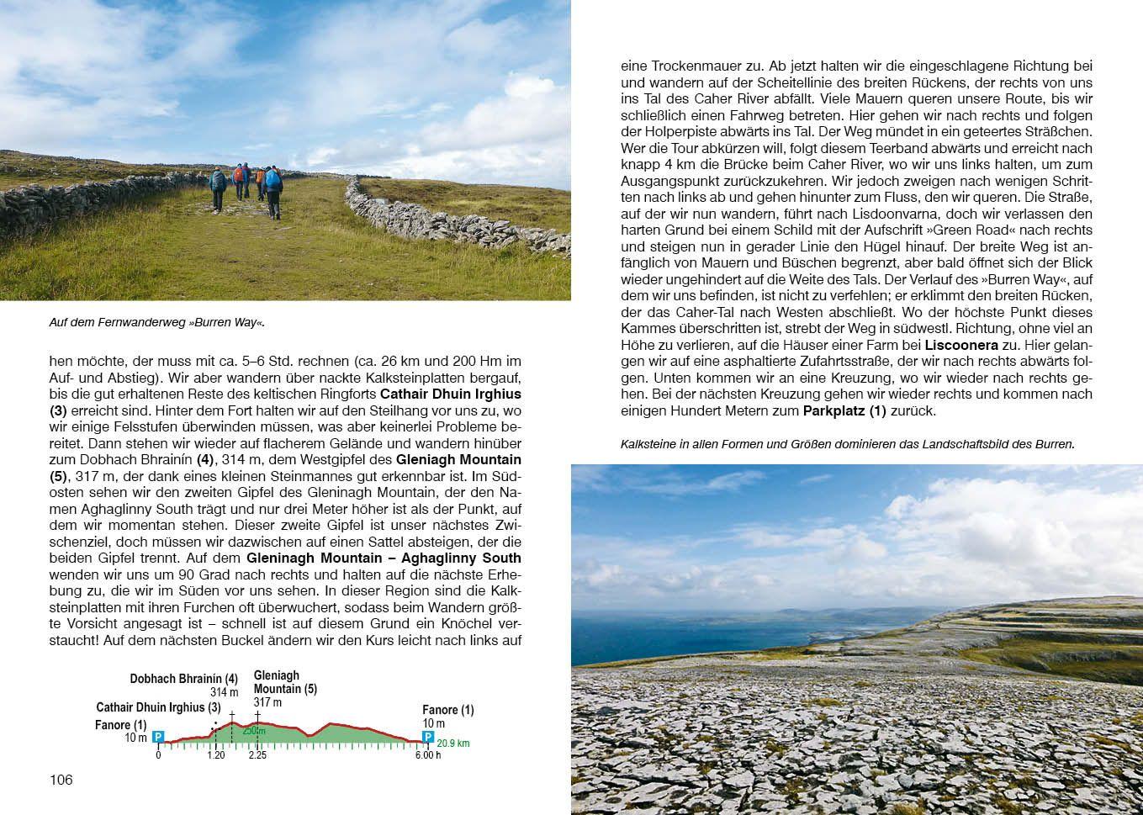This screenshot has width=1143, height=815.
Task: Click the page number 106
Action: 61,780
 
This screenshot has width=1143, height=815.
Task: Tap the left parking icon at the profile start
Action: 158,738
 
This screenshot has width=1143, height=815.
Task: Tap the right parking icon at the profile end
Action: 428,738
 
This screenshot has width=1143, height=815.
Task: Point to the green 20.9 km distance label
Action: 452,744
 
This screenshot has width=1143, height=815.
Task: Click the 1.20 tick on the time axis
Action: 215,755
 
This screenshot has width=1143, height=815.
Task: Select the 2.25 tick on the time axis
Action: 257,755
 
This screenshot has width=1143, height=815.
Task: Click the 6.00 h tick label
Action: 427,755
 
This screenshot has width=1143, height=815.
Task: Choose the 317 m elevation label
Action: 267,702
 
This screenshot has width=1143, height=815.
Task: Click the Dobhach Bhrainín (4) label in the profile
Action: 183,679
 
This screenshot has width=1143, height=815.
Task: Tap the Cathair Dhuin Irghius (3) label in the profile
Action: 158,707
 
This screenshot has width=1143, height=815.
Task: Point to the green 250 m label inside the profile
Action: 253,731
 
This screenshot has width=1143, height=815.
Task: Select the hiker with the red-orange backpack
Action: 239,174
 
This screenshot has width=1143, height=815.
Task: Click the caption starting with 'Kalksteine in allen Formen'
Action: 847,444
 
